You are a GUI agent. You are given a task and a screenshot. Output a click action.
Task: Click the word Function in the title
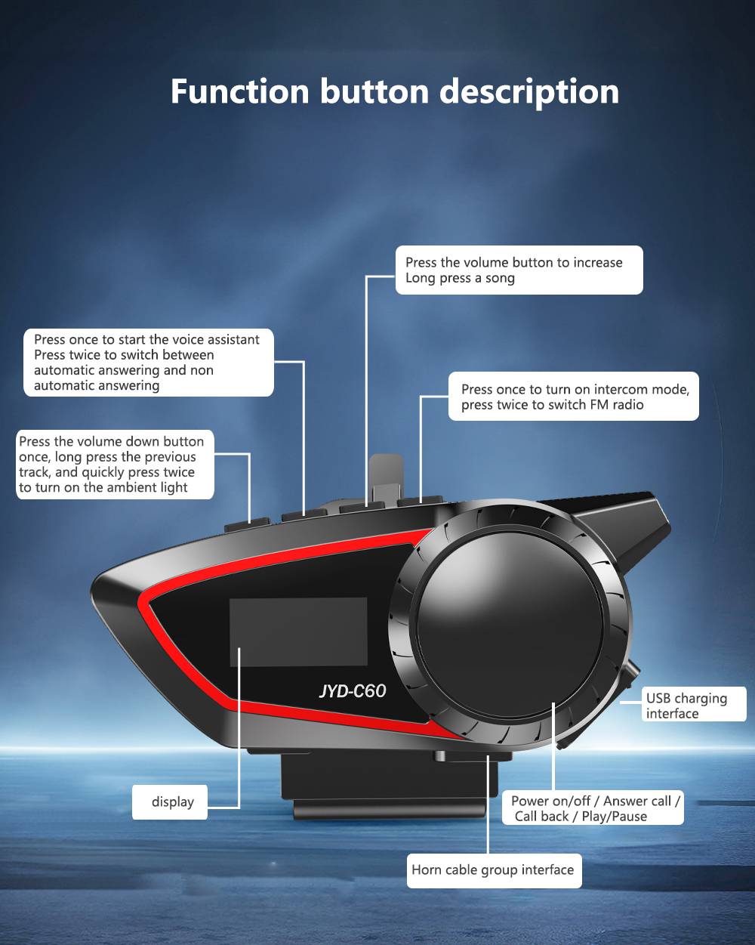[239, 91]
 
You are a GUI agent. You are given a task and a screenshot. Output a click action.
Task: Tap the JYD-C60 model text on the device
[353, 690]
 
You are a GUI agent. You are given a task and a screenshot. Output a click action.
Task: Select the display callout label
[170, 801]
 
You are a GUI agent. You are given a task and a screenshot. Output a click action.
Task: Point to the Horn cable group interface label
[495, 871]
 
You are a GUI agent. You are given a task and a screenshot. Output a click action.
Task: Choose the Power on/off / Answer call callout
[593, 808]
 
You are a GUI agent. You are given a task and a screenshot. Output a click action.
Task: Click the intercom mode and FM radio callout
[574, 397]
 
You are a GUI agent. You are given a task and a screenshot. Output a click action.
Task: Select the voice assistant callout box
[149, 363]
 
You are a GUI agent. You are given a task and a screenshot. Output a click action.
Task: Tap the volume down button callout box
[115, 464]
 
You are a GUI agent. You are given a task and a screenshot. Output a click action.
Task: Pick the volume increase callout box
[519, 270]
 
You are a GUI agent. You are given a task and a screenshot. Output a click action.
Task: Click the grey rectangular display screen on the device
[298, 632]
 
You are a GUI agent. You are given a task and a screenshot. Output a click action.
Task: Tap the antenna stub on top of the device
[387, 479]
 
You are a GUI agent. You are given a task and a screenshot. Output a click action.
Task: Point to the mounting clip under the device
[389, 786]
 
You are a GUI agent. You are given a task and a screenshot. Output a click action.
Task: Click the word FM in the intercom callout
[599, 404]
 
